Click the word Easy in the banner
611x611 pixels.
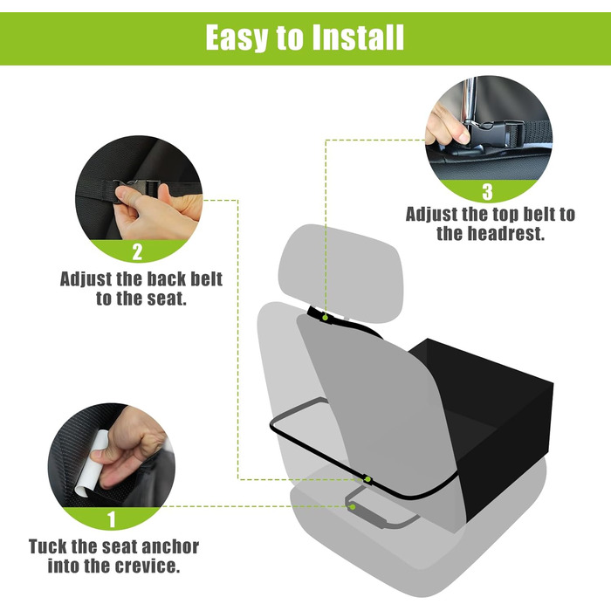point(237,38)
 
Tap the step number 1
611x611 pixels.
point(112,519)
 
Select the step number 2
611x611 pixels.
point(137,251)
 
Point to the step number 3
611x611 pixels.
point(487,192)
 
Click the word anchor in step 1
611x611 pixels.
point(169,546)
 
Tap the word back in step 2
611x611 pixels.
point(168,279)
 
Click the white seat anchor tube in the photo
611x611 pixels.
point(92,463)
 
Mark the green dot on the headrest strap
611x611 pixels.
point(325,318)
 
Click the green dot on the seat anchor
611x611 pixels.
point(353,506)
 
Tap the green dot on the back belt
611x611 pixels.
point(367,479)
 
